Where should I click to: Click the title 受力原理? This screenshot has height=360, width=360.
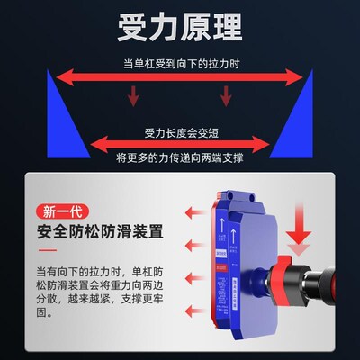[180, 27]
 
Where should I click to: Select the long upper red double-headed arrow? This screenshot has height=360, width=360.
[179, 79]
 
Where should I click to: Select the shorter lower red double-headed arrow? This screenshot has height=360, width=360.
[179, 141]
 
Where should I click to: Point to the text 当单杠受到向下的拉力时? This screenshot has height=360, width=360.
[179, 63]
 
